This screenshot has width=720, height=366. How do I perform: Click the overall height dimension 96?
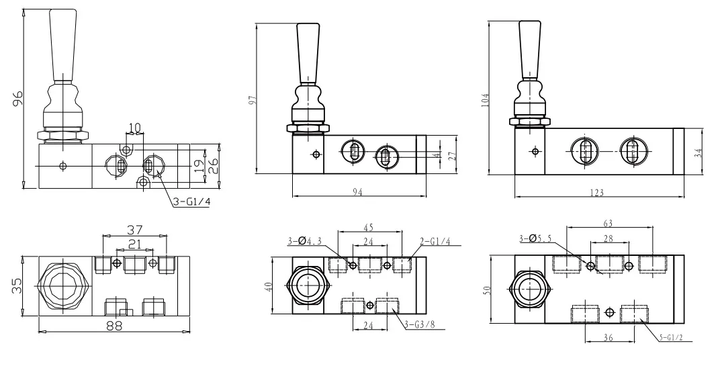coord(17,98)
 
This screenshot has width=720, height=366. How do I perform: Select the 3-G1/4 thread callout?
coord(191,201)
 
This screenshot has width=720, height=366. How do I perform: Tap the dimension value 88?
coord(114,326)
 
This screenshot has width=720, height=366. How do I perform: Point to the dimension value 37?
coord(134,229)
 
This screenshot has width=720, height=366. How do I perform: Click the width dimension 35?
coord(16,285)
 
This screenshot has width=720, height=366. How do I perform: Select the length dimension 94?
coord(358,193)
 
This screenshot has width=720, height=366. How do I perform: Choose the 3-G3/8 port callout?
coord(420,325)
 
